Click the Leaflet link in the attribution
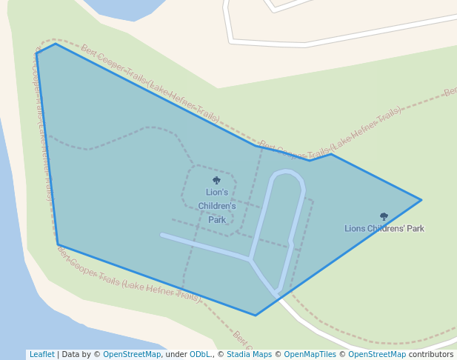click(41, 354)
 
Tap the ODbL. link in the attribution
click(200, 354)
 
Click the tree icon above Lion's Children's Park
click(216, 180)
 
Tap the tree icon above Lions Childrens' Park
click(384, 217)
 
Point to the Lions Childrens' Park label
click(384, 229)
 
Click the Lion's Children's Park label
click(217, 205)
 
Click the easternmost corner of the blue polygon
click(421, 200)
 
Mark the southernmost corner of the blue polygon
click(256, 315)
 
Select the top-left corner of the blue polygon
click(37, 53)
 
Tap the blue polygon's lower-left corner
click(58, 244)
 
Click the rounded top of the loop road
click(287, 173)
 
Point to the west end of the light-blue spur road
click(162, 235)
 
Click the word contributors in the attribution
click(430, 354)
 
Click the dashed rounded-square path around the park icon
click(183, 189)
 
